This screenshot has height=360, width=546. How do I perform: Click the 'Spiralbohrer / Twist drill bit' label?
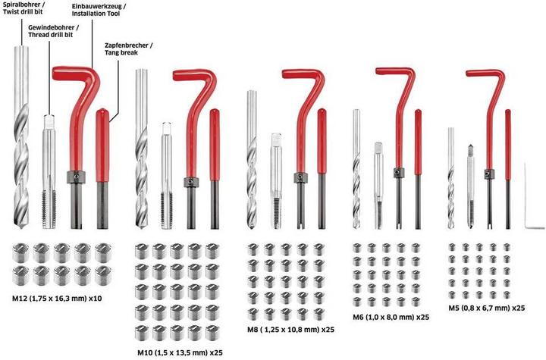point(23,8)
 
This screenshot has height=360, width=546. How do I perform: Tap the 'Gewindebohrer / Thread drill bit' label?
point(53,30)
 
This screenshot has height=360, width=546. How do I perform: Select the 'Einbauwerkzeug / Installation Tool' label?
point(99,10)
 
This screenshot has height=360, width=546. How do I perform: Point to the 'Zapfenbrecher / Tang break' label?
point(128,49)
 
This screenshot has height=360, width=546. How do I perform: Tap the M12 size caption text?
point(57,299)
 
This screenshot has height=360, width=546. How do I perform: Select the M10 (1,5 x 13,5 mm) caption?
point(180,352)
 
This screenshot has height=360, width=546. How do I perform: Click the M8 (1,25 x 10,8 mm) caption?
point(290,330)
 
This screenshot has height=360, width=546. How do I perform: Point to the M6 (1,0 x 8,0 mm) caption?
point(391,317)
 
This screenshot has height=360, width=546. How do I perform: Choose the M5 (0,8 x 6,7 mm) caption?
point(486,308)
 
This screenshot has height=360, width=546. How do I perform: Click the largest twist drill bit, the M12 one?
point(21,137)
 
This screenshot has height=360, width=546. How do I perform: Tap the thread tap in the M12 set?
point(49,171)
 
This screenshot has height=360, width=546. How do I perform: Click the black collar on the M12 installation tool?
point(77,177)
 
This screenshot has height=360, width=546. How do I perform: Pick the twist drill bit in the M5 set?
point(451,178)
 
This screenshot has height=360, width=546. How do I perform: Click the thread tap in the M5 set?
point(470,186)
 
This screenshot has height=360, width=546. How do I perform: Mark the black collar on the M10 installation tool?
point(191,183)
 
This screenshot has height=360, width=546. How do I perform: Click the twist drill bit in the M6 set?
point(356,169)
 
